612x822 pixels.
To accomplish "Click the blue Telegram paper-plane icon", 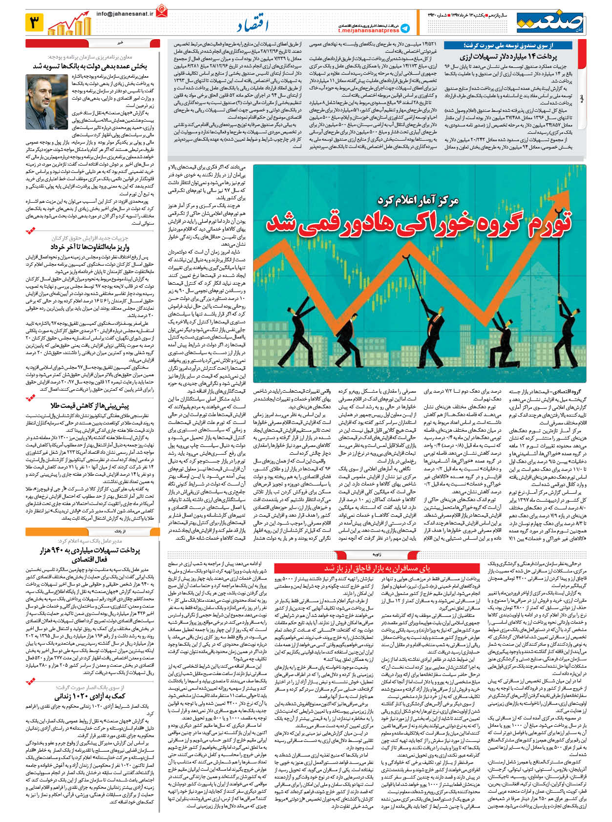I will pyautogui.click(x=405, y=28).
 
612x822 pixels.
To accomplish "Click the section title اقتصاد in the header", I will pyautogui.click(x=253, y=25).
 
